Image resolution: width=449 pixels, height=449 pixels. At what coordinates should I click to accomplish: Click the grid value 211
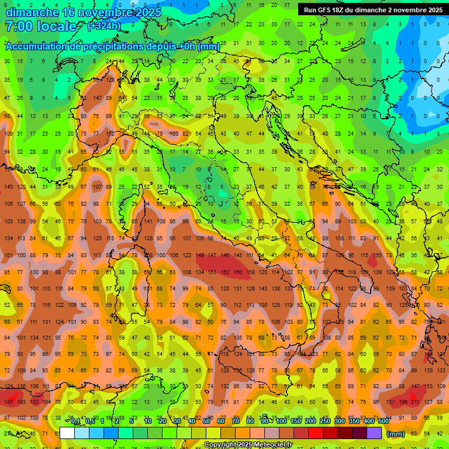point(415,402)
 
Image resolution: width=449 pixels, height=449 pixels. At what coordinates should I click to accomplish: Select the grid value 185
point(8,402)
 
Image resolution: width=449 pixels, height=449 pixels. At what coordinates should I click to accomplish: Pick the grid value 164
point(47,402)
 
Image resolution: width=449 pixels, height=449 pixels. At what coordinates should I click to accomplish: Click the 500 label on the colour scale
point(384,421)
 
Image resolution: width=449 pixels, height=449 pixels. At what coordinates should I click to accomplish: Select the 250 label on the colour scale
point(325,421)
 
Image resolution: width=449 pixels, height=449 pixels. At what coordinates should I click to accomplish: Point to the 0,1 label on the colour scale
point(75,421)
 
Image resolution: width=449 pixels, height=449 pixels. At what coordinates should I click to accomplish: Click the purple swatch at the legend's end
point(374,433)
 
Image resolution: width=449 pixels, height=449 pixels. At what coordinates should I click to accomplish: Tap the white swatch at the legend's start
point(67,433)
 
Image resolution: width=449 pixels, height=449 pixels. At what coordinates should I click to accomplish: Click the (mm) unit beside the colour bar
point(396,434)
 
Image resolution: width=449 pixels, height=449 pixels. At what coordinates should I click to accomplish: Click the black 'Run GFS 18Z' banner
point(372,9)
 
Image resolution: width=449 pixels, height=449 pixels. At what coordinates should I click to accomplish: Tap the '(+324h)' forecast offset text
point(103,26)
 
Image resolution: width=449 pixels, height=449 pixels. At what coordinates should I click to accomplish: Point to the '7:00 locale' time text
point(41,26)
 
